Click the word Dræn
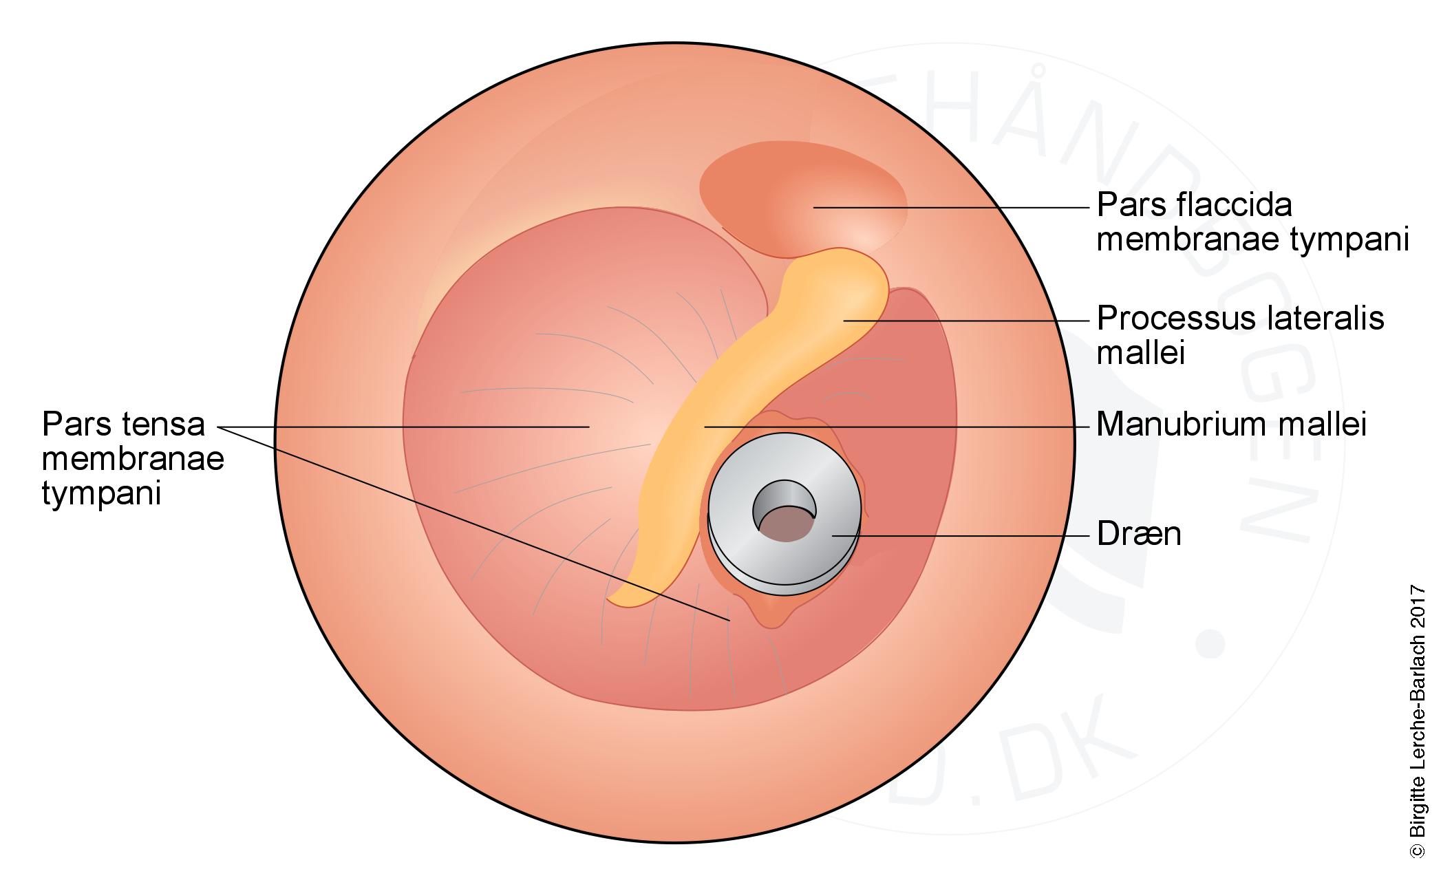click(x=1138, y=535)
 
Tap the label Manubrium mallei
click(x=1230, y=425)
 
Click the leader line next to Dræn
click(x=963, y=535)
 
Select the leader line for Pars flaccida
click(x=950, y=206)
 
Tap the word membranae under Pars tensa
click(x=133, y=459)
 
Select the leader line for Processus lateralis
click(x=963, y=321)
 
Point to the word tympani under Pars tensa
click(x=101, y=493)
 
